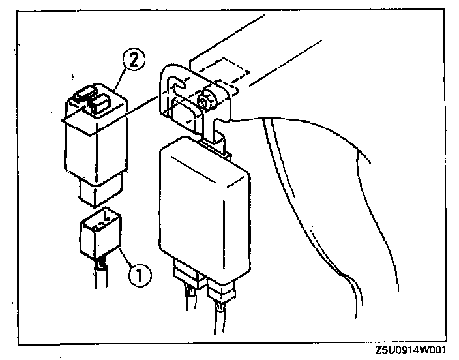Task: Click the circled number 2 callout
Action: [x=132, y=61]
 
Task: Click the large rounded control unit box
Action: [x=203, y=202]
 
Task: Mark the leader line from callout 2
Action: [x=121, y=75]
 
